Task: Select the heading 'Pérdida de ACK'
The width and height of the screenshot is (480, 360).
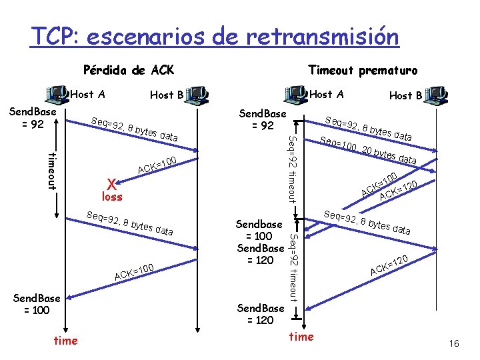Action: [x=127, y=69]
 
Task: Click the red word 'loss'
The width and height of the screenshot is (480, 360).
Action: [x=113, y=197]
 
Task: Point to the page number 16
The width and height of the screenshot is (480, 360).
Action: [x=455, y=343]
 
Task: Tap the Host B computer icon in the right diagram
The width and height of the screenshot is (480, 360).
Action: [x=437, y=95]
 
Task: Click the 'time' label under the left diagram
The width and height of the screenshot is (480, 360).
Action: [x=65, y=341]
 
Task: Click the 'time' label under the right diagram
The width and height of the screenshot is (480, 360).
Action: [x=301, y=337]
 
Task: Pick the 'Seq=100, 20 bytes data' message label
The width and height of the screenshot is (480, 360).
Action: [x=369, y=151]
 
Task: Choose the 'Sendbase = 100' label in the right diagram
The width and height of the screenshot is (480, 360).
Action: [x=260, y=230]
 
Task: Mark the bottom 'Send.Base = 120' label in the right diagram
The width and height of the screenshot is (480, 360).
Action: [x=261, y=313]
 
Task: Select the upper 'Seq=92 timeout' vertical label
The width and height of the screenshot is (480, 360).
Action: [x=291, y=167]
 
